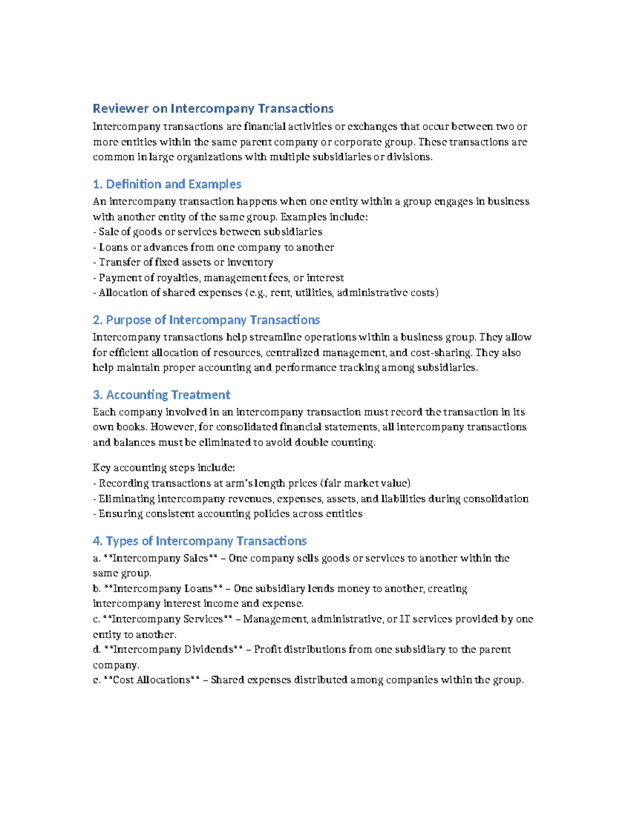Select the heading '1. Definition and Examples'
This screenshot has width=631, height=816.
(167, 184)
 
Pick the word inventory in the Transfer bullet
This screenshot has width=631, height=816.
(251, 262)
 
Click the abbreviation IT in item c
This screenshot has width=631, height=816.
(404, 619)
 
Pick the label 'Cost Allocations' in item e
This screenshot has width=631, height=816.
(151, 680)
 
